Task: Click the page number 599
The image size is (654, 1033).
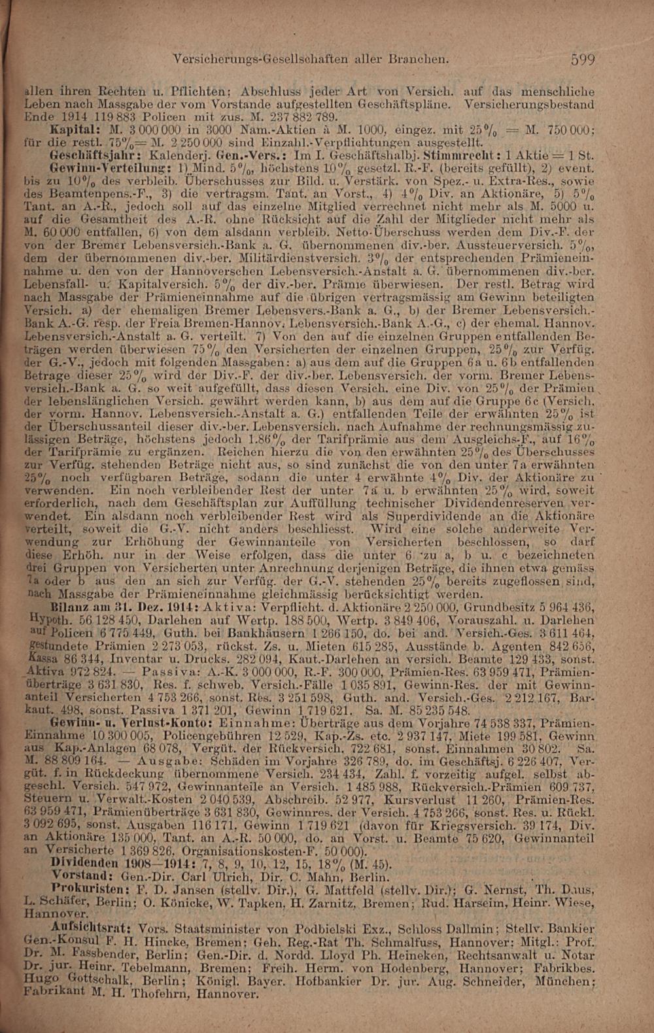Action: pyautogui.click(x=583, y=60)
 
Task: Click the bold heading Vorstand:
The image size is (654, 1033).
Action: pyautogui.click(x=80, y=875)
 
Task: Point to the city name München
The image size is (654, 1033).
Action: pyautogui.click(x=563, y=981)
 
